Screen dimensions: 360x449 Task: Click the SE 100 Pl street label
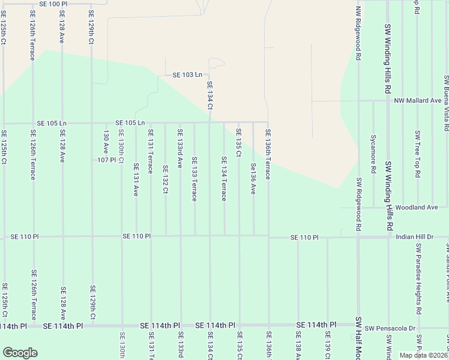coord(54,4)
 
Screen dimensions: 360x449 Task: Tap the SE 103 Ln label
coord(187,75)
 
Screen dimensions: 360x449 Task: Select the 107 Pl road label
coord(106,160)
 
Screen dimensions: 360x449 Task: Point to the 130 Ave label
coord(106,142)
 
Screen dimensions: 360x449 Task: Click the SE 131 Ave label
coord(136,179)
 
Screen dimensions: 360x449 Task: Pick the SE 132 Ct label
coord(165,179)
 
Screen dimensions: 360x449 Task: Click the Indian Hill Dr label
coord(414,237)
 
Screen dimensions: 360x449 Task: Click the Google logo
coord(20,353)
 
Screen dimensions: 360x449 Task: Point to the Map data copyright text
coord(424,355)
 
